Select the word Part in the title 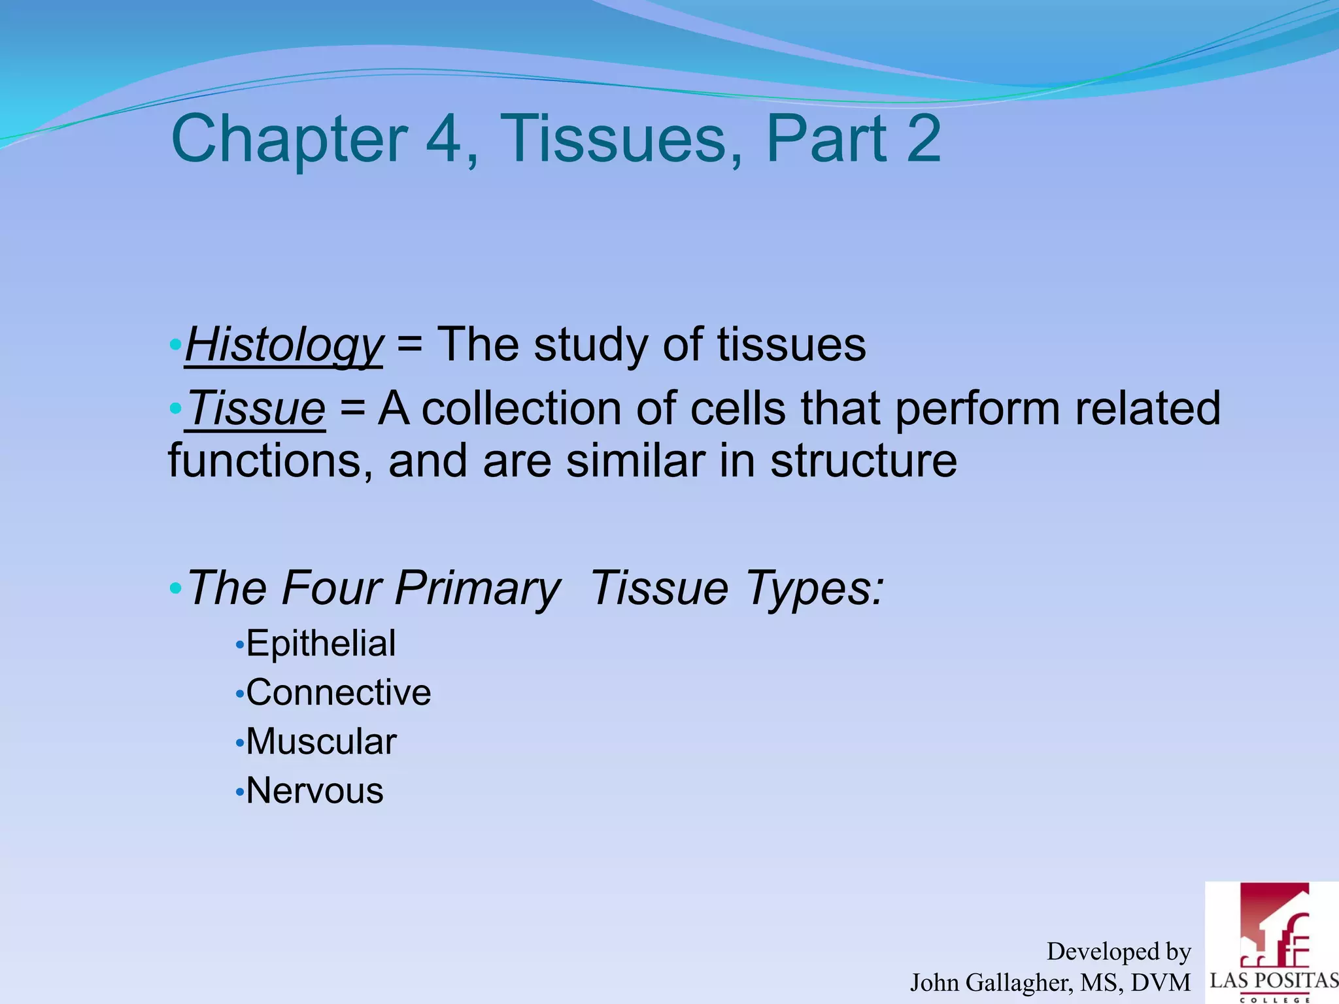pos(826,139)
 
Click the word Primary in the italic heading pos(477,588)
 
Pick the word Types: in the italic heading pos(815,588)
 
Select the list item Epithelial pos(320,643)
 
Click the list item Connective pos(338,692)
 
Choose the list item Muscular pos(320,742)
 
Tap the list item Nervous pos(314,791)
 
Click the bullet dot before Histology pos(175,344)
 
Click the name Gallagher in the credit pos(1017,982)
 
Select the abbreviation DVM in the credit pos(1161,982)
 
